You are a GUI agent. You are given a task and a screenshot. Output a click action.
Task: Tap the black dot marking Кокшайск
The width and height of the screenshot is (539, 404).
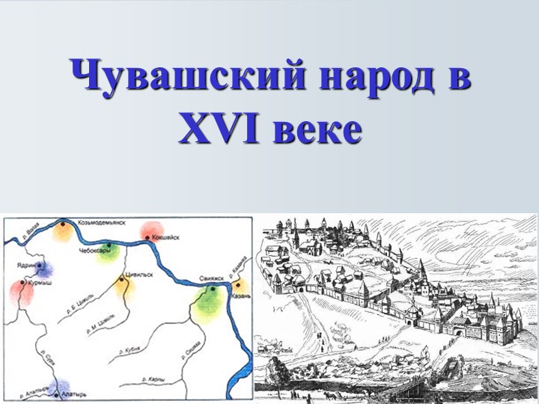147,238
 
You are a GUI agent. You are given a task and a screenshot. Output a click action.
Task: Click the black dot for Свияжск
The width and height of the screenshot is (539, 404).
213,289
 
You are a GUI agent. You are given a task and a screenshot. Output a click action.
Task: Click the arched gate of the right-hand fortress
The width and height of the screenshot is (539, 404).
452,328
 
